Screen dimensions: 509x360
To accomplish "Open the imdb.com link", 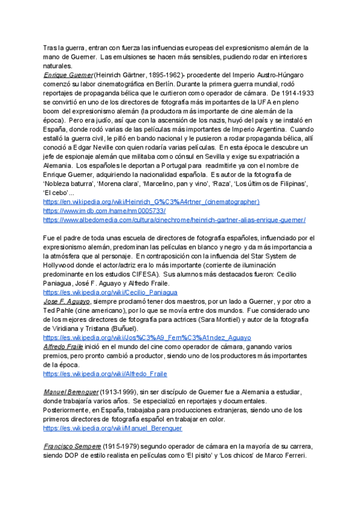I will pyautogui.click(x=104, y=211).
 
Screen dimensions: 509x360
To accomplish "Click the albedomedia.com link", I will pyautogui.click(x=174, y=220).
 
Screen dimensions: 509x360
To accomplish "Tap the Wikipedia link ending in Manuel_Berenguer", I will pyautogui.click(x=113, y=429).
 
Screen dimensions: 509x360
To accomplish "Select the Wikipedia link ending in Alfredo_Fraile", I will pyautogui.click(x=105, y=373).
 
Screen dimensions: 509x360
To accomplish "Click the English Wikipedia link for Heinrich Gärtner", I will pyautogui.click(x=151, y=202).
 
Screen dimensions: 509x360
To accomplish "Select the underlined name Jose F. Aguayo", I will pyautogui.click(x=68, y=301).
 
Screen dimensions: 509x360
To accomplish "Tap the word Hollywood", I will pyautogui.click(x=64, y=265).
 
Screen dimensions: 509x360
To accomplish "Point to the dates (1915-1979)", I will pyautogui.click(x=123, y=447).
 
